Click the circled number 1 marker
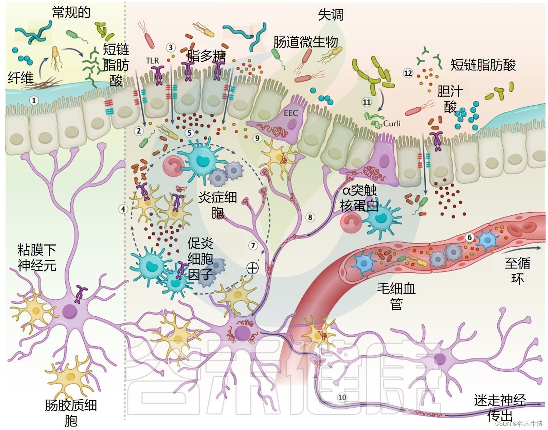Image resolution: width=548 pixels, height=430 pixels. pyautogui.click(x=34, y=101)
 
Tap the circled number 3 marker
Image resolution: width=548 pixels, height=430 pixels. pyautogui.click(x=170, y=47)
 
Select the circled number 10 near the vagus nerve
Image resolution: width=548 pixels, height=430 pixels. pyautogui.click(x=342, y=397)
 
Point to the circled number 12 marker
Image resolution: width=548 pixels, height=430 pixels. pyautogui.click(x=408, y=73)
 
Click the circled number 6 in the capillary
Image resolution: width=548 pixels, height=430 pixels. pyautogui.click(x=470, y=237)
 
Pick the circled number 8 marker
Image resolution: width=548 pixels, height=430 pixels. pyautogui.click(x=310, y=217)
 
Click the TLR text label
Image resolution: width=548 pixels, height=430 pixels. pyautogui.click(x=152, y=61)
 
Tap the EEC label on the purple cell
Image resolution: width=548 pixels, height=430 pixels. pyautogui.click(x=291, y=113)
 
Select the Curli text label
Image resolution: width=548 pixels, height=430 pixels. pyautogui.click(x=392, y=123)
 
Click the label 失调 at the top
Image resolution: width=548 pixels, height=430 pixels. pyautogui.click(x=330, y=15)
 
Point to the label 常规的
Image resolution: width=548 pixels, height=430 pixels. pyautogui.click(x=71, y=13)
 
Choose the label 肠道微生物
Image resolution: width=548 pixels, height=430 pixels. pyautogui.click(x=306, y=42)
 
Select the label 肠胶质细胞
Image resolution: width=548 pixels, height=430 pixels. pyautogui.click(x=71, y=413)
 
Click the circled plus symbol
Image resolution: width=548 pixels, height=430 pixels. pyautogui.click(x=253, y=268)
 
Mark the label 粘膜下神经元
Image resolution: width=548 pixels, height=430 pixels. pyautogui.click(x=37, y=258)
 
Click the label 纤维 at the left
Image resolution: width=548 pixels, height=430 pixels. pyautogui.click(x=21, y=77)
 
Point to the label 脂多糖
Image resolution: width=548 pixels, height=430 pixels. pyautogui.click(x=206, y=56)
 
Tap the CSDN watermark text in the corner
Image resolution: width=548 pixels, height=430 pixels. pyautogui.click(x=518, y=423)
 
